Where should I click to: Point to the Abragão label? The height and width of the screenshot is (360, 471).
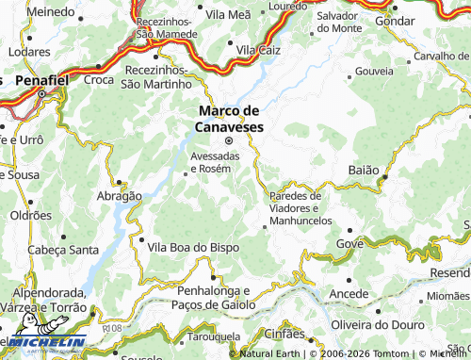pyautogui.click(x=120, y=196)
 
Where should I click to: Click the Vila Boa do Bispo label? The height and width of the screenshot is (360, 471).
pyautogui.click(x=194, y=246)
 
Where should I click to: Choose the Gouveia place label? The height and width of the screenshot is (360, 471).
pyautogui.click(x=375, y=71)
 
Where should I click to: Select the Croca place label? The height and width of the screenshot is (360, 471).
pyautogui.click(x=98, y=80)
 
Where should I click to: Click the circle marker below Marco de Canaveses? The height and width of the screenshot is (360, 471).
pyautogui.click(x=228, y=140)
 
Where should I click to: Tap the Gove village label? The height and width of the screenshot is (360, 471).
pyautogui.click(x=349, y=243)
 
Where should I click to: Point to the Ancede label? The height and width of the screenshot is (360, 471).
pyautogui.click(x=349, y=294)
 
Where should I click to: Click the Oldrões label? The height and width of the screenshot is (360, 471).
pyautogui.click(x=31, y=215)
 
